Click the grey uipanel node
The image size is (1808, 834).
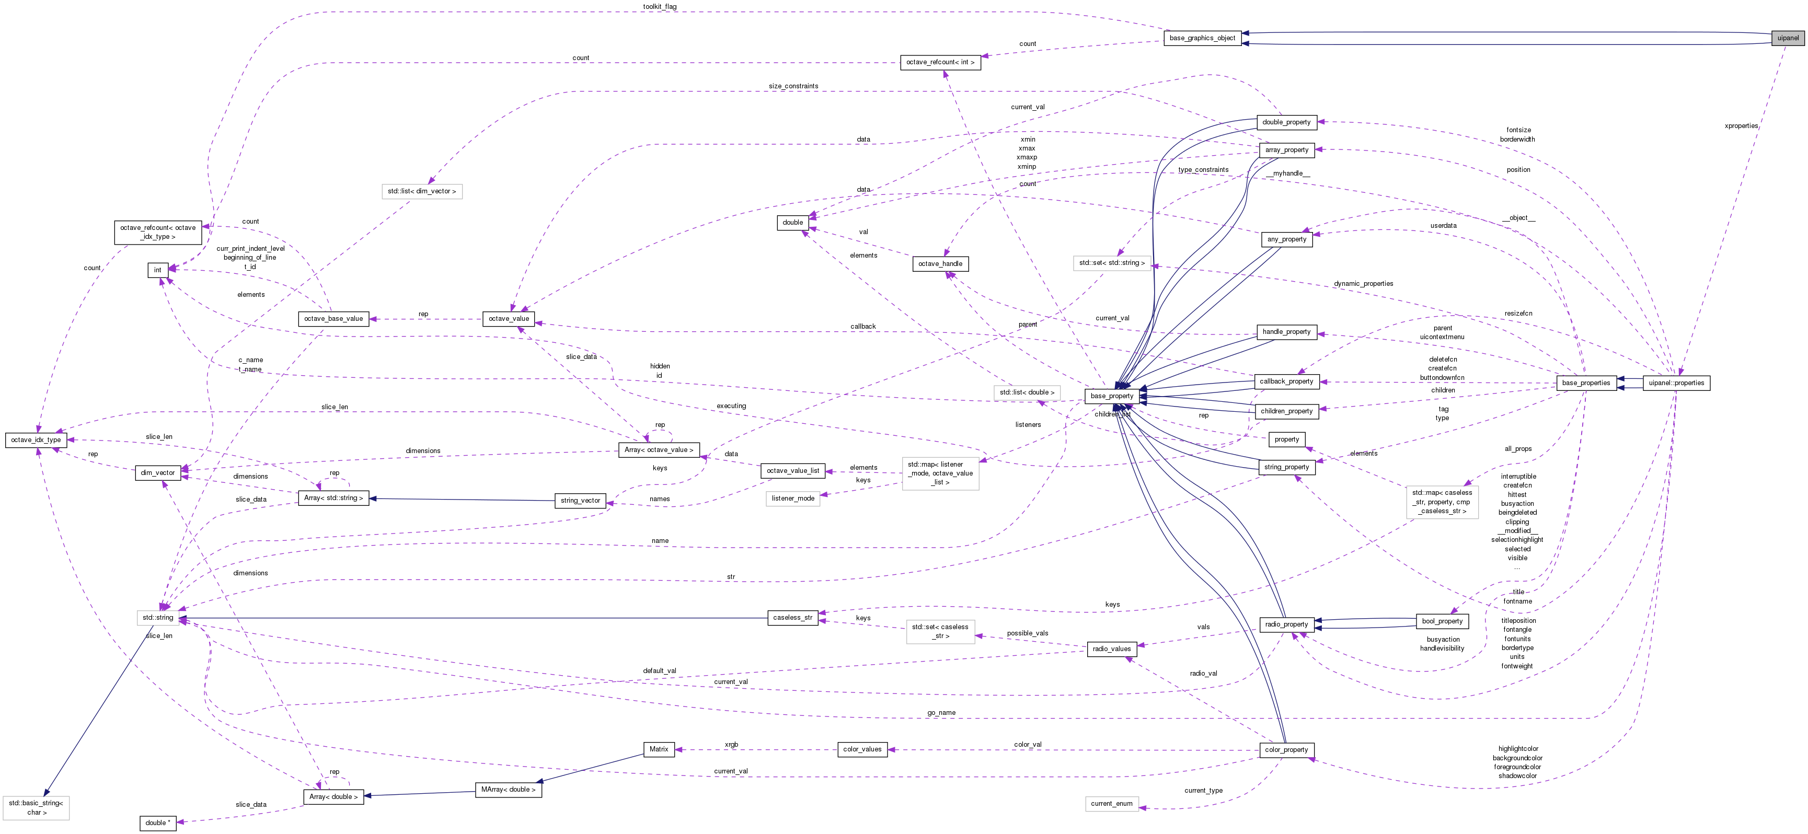pyautogui.click(x=1787, y=38)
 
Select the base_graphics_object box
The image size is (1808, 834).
pyautogui.click(x=1202, y=38)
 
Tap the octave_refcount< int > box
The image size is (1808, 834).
pyautogui.click(x=940, y=62)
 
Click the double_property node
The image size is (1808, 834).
pyautogui.click(x=1286, y=122)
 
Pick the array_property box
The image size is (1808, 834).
pyautogui.click(x=1286, y=149)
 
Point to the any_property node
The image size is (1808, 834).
pyautogui.click(x=1286, y=239)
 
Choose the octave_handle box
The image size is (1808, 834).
pyautogui.click(x=940, y=264)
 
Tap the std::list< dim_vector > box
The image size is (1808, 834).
pyautogui.click(x=422, y=191)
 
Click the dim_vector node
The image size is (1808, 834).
pyautogui.click(x=157, y=473)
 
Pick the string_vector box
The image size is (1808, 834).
pyautogui.click(x=580, y=500)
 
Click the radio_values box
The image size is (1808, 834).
pyautogui.click(x=1111, y=649)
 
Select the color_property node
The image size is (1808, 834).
pyautogui.click(x=1286, y=750)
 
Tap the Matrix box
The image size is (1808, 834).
pyautogui.click(x=659, y=749)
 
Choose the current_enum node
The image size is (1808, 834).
pyautogui.click(x=1111, y=804)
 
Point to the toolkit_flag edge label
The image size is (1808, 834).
pyautogui.click(x=660, y=7)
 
